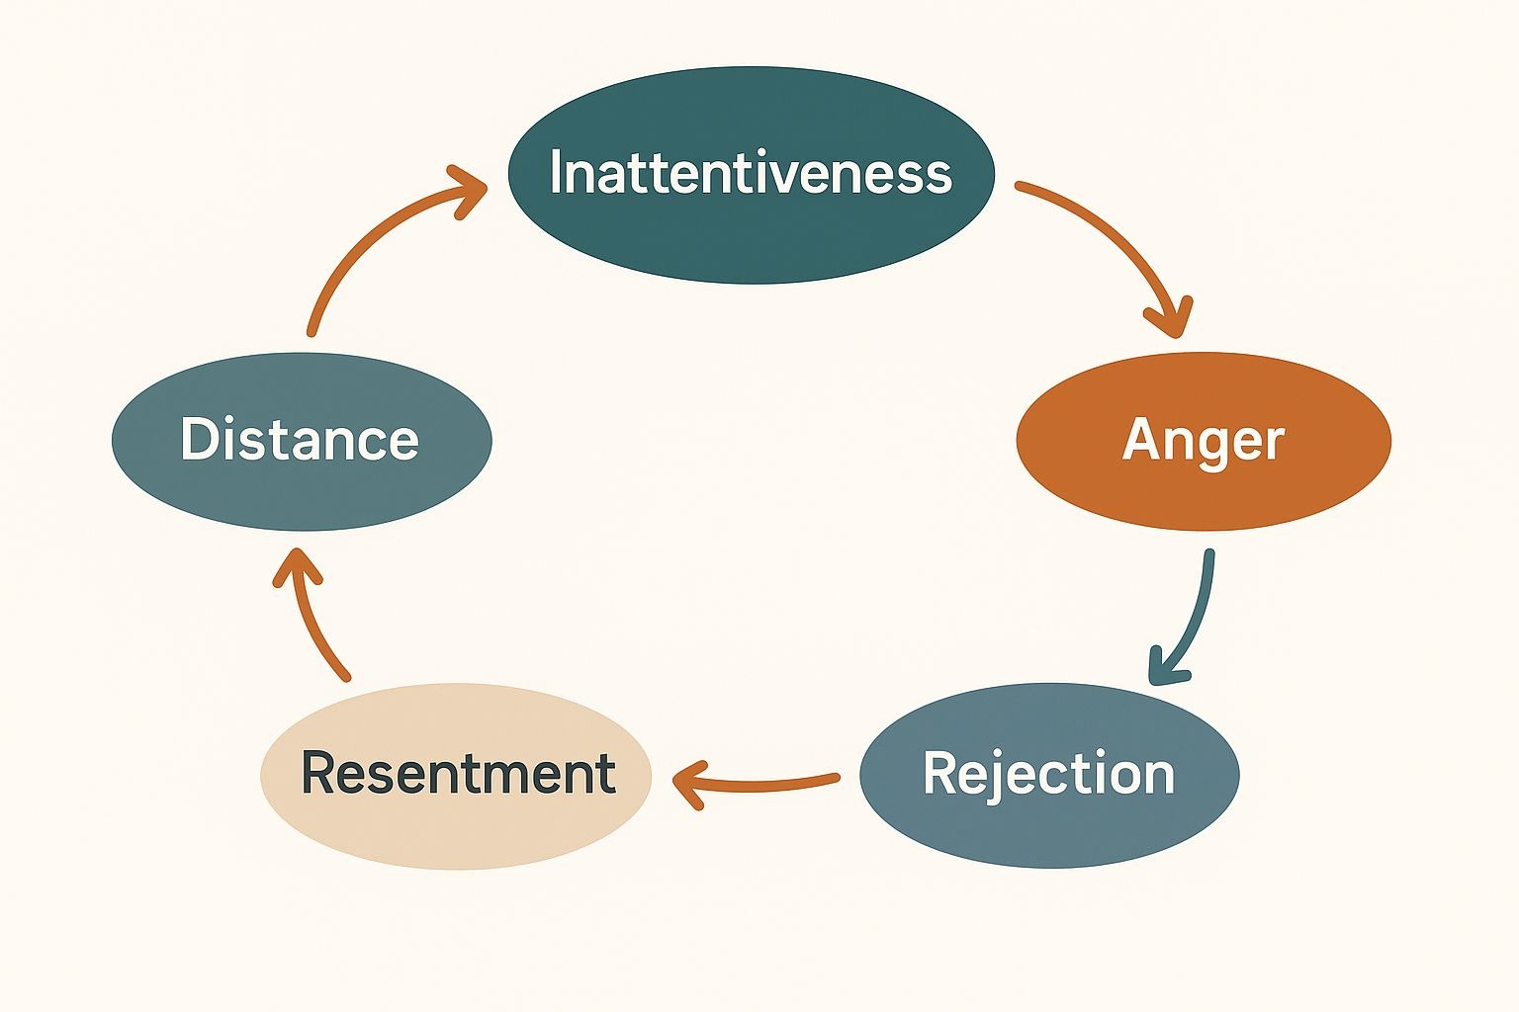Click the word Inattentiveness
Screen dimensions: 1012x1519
751,173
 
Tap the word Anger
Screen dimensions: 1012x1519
1203,441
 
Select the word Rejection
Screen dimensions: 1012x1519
1048,774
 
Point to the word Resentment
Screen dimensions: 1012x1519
458,773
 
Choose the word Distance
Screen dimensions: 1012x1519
300,440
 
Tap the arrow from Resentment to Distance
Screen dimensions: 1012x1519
312,618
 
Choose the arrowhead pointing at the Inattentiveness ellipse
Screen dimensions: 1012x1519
469,188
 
